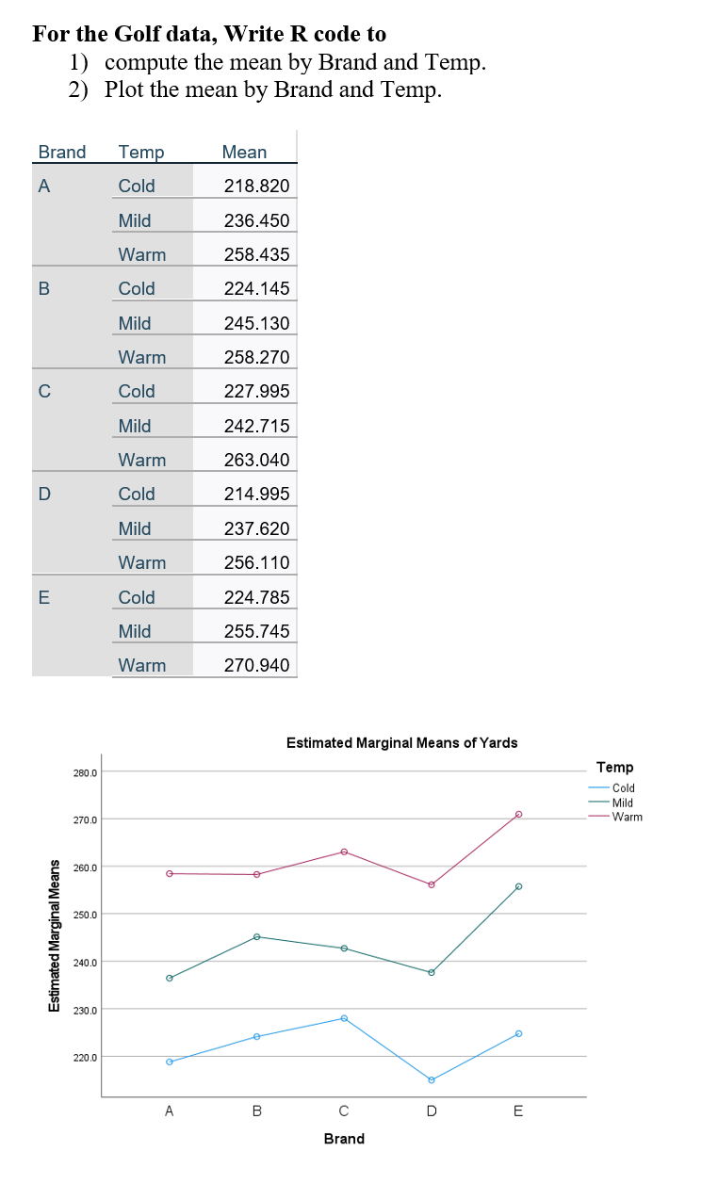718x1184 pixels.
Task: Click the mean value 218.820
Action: pyautogui.click(x=256, y=186)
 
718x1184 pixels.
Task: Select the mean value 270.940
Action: pyautogui.click(x=256, y=665)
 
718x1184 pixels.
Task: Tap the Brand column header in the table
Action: pyautogui.click(x=62, y=152)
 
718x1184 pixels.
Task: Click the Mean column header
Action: pyautogui.click(x=244, y=152)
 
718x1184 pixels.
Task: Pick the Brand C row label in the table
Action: pyautogui.click(x=43, y=391)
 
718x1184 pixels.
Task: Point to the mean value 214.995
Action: pyautogui.click(x=256, y=494)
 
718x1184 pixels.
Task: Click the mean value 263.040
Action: pyautogui.click(x=256, y=460)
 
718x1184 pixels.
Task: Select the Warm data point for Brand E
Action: pyautogui.click(x=518, y=814)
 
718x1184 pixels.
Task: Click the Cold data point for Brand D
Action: pyautogui.click(x=432, y=1079)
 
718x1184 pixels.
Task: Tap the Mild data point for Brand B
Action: pyautogui.click(x=256, y=936)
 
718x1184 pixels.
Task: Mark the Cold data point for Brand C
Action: pyautogui.click(x=344, y=1018)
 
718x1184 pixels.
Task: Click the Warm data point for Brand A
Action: pyautogui.click(x=170, y=873)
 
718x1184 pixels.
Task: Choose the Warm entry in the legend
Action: pyautogui.click(x=627, y=817)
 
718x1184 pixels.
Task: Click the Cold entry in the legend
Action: pyautogui.click(x=623, y=787)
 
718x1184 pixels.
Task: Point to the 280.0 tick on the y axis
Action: pyautogui.click(x=85, y=772)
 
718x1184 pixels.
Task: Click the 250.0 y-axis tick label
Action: pyautogui.click(x=85, y=915)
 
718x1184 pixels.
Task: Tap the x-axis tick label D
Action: pyautogui.click(x=432, y=1111)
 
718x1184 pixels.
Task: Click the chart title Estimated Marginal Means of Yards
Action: pyautogui.click(x=401, y=742)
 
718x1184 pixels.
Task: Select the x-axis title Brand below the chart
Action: pyautogui.click(x=344, y=1139)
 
